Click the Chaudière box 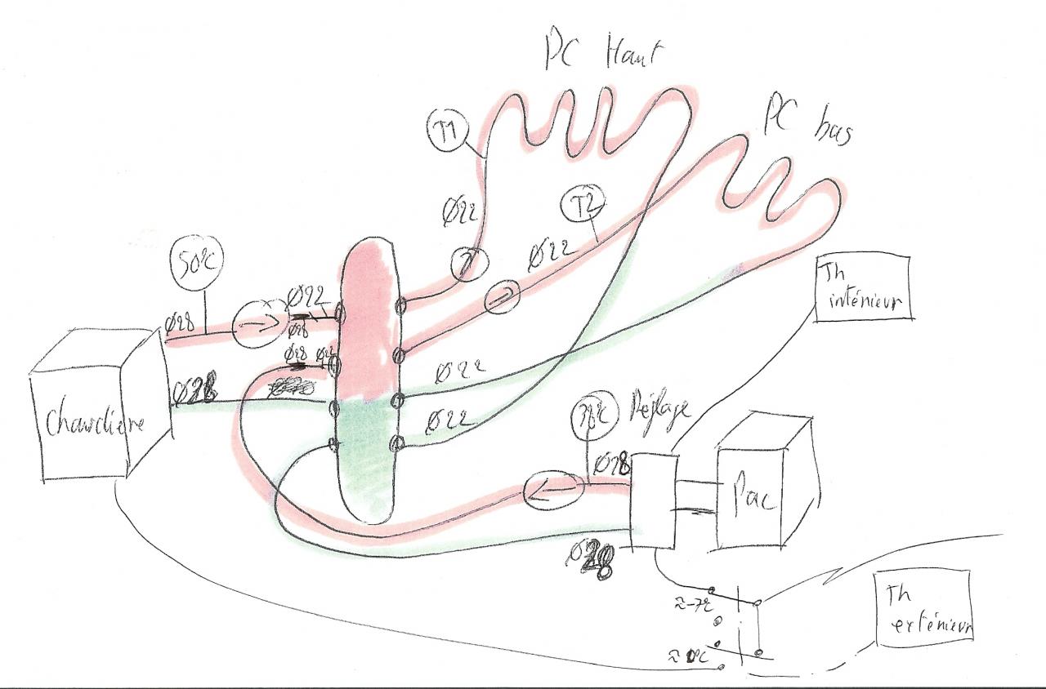pos(90,424)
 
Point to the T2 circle pos(579,207)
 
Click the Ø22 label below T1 pos(460,216)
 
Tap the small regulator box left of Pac pos(653,500)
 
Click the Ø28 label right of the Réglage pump pos(615,466)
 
